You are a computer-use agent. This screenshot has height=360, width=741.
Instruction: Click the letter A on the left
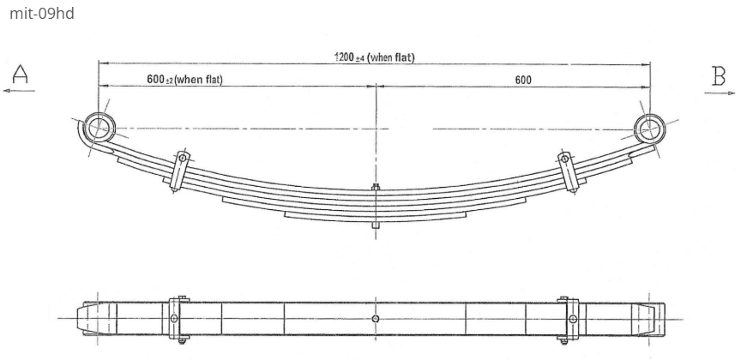tap(19, 75)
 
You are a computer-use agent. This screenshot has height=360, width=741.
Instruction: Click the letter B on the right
tap(719, 77)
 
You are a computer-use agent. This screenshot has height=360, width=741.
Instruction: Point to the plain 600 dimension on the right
tap(523, 80)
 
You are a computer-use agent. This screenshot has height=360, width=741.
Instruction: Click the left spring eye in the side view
tap(100, 129)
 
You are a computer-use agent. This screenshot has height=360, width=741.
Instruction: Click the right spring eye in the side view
tap(648, 129)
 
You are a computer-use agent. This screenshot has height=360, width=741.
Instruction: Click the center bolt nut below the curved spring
tap(375, 225)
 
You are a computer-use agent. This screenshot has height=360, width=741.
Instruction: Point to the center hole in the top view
tap(375, 319)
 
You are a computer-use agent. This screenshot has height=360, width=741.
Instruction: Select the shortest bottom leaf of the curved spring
tap(375, 218)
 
